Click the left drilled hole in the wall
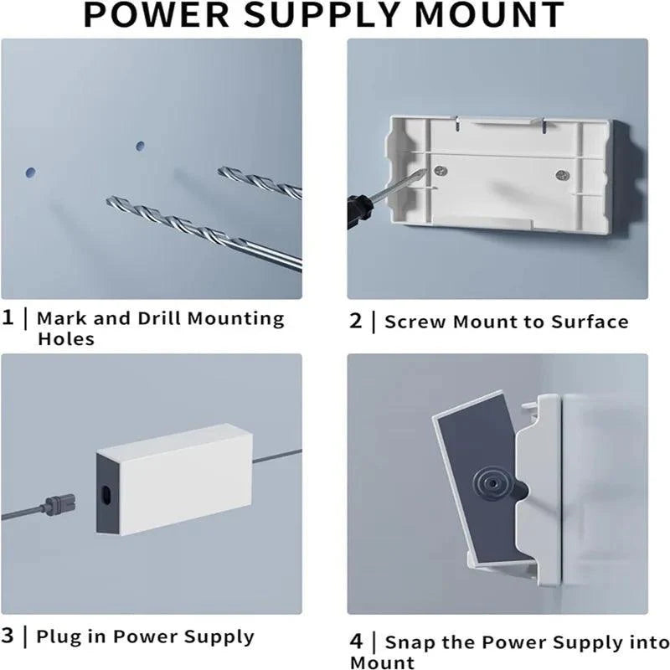pos(31,172)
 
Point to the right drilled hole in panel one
pos(140,145)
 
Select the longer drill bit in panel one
pos(201,232)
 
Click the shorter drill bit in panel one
pos(260,182)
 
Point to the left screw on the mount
pos(441,171)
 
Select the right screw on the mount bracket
pos(562,175)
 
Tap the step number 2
pos(356,322)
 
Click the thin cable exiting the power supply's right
pos(276,456)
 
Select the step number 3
pos(8,636)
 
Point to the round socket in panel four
pos(488,483)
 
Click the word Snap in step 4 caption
pos(411,643)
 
